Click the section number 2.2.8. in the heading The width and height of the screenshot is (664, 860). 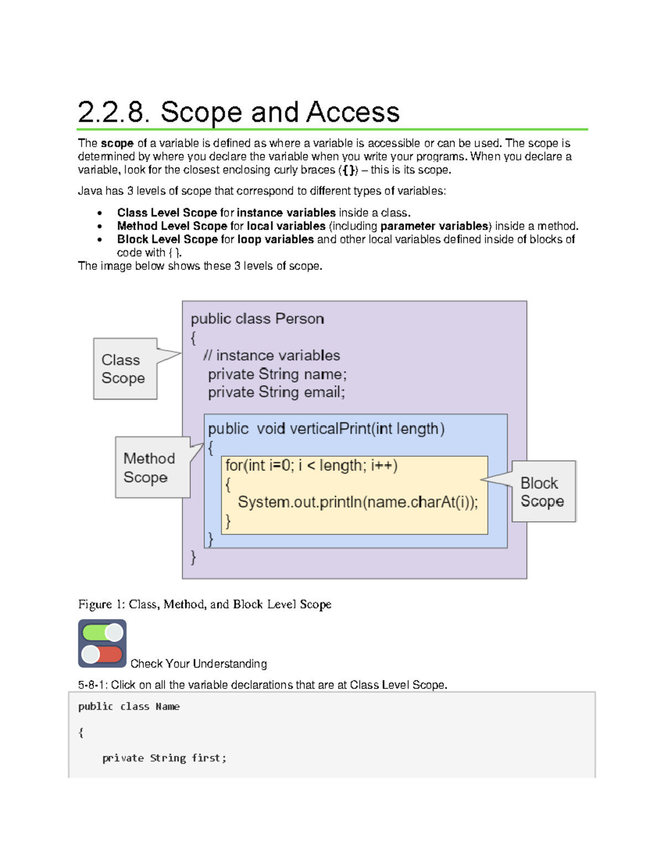point(113,112)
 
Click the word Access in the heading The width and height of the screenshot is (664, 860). point(352,112)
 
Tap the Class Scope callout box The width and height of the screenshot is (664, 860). point(125,369)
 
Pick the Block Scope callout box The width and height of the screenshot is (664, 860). point(543,492)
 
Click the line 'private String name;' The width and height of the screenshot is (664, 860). point(277,374)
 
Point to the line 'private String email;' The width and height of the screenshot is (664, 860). point(276,393)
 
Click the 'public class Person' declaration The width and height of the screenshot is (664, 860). point(257,319)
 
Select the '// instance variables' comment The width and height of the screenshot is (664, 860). point(272,356)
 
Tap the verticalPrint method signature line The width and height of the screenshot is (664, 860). point(326,429)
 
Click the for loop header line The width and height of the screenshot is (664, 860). point(312,466)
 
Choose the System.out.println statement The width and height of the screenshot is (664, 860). point(358,502)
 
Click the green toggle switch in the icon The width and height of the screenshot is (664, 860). point(102,632)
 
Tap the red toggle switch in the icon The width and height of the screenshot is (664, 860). point(102,655)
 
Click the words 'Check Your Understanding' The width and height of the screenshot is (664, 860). point(199,663)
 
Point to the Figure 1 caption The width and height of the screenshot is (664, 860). point(205,604)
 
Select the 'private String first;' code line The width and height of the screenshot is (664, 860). point(164,758)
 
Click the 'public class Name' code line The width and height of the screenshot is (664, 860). point(129,707)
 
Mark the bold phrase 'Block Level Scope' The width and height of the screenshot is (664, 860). point(167,239)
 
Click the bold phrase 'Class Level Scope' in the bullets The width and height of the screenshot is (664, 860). point(167,213)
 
